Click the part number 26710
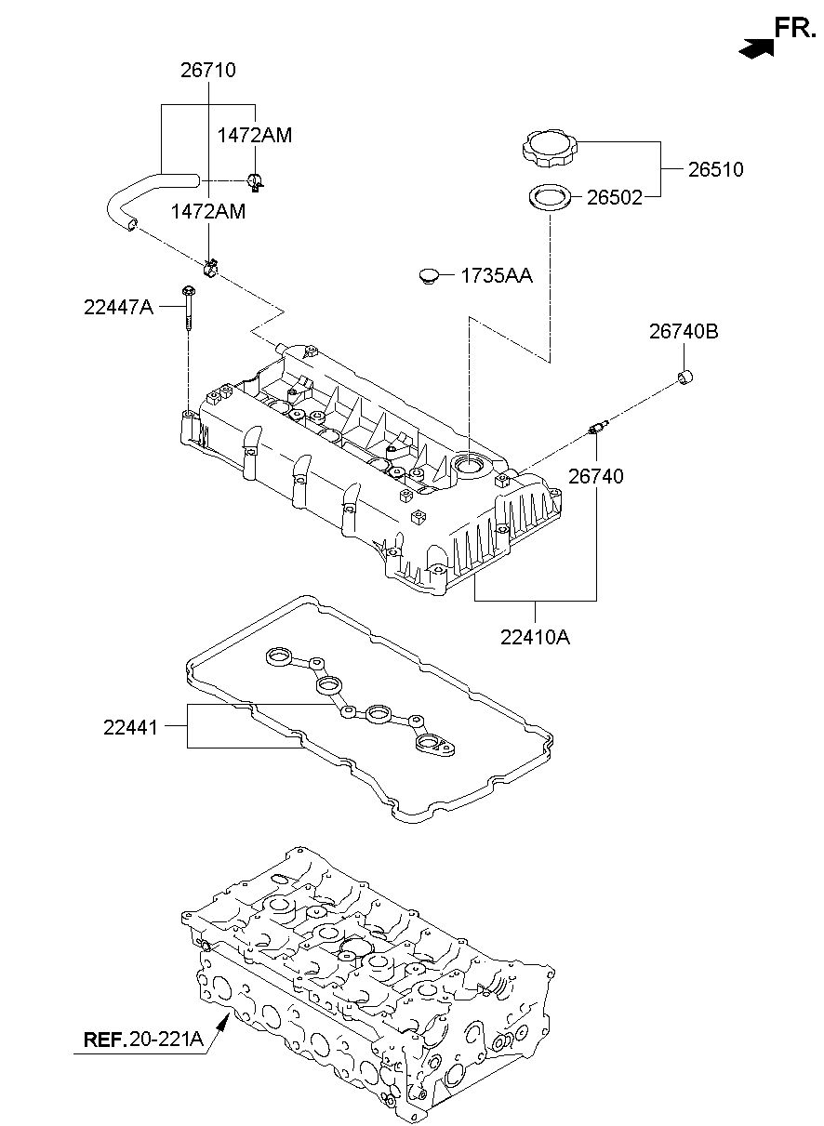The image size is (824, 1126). [x=208, y=71]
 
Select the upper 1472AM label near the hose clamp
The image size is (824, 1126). [x=255, y=135]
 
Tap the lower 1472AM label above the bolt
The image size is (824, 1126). [x=208, y=212]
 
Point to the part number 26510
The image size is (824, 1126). [x=715, y=169]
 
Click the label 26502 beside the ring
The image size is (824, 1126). [x=615, y=198]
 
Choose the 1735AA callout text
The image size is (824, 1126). [x=497, y=275]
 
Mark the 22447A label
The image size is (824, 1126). [x=119, y=307]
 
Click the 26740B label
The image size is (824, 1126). [x=684, y=332]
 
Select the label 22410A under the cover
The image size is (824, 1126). [x=535, y=638]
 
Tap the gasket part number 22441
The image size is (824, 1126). [x=131, y=727]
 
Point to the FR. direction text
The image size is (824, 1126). [x=795, y=28]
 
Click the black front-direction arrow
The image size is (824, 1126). [x=756, y=47]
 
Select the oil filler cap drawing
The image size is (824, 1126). [x=550, y=150]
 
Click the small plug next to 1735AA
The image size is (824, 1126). [x=429, y=276]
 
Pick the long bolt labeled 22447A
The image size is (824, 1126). [x=188, y=308]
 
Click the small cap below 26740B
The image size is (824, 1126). [x=684, y=376]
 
